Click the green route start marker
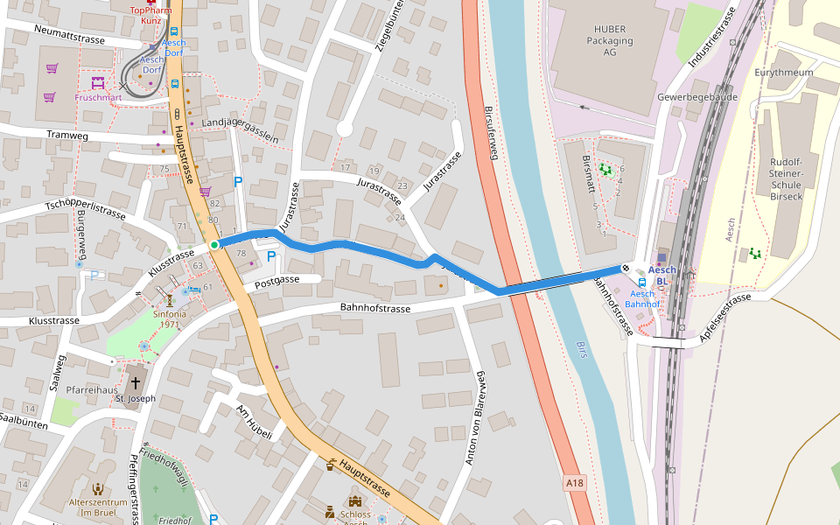(213, 244)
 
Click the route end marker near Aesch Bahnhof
(626, 268)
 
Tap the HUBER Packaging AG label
(610, 40)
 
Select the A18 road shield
(574, 482)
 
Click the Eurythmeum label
(783, 73)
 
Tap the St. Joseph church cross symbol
(136, 383)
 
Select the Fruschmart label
(98, 97)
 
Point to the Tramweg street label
(67, 136)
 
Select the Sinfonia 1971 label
(170, 318)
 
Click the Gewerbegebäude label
(698, 97)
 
